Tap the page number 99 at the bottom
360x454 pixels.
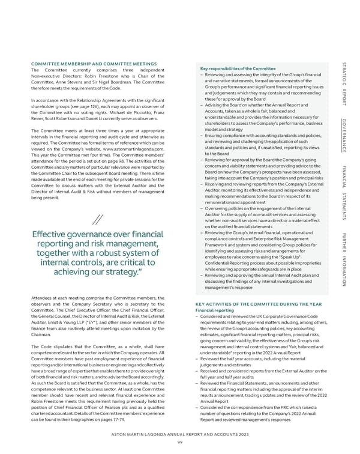[x=179, y=443]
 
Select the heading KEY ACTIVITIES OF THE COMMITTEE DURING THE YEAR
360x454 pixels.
[x=259, y=304]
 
